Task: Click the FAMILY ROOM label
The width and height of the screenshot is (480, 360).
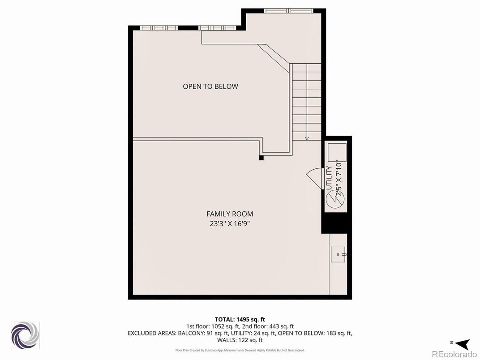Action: (x=229, y=214)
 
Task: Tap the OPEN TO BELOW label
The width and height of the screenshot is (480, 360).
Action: (x=210, y=86)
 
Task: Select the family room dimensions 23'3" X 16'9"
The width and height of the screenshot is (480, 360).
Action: (x=229, y=223)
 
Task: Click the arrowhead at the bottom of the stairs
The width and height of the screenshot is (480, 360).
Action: (x=307, y=138)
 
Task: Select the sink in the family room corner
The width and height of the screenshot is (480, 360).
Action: (x=338, y=254)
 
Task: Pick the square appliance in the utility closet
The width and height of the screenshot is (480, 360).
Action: (x=337, y=153)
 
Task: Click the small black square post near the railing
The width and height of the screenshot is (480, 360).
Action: (x=262, y=158)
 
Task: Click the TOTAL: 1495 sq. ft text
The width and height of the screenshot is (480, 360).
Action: (x=240, y=319)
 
